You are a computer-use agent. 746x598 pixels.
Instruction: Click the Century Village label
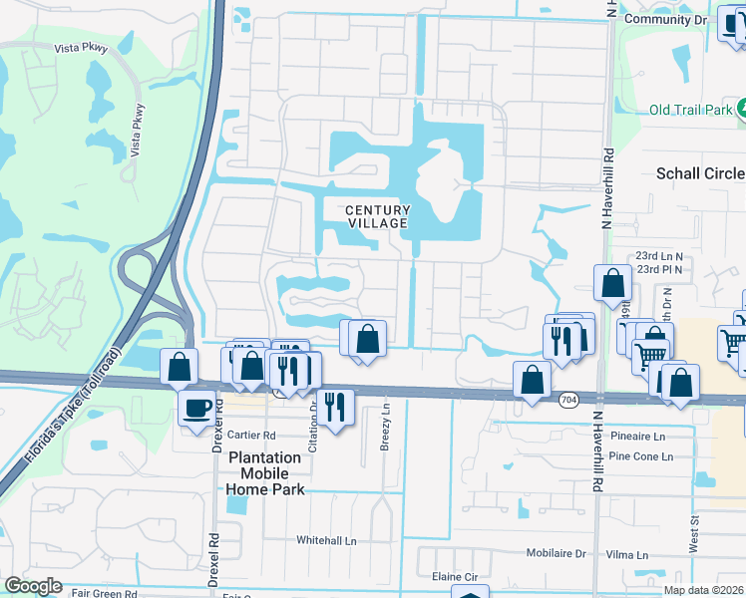click(378, 216)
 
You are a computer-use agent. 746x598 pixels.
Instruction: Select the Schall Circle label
click(699, 173)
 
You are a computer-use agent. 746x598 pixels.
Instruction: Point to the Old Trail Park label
click(690, 111)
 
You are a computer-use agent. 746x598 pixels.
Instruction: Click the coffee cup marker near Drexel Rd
click(195, 406)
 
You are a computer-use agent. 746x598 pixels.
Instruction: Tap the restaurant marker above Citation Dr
click(334, 406)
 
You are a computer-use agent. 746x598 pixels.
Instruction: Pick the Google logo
click(33, 586)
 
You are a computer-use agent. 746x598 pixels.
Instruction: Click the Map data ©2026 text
click(704, 590)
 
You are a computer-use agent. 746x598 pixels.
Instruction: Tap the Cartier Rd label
click(250, 436)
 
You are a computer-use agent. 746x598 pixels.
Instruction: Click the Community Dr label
click(662, 19)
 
